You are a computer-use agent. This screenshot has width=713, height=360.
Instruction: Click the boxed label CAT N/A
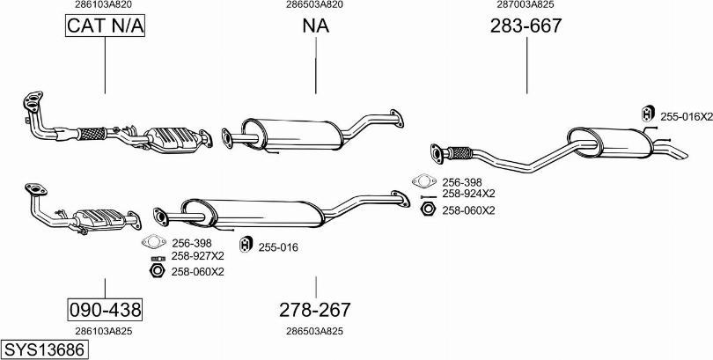(105, 26)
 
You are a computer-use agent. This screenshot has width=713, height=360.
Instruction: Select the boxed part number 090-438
(105, 310)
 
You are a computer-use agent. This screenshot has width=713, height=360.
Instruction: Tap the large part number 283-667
(526, 26)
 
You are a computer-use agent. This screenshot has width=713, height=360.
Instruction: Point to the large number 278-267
(314, 310)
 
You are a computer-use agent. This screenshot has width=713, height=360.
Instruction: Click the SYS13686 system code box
(44, 350)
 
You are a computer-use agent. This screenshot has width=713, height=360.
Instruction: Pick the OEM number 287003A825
(526, 4)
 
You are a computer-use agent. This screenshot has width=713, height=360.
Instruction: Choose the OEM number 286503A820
(314, 4)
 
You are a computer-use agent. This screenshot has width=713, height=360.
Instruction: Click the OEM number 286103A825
(104, 331)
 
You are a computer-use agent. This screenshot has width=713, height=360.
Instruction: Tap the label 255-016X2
(687, 117)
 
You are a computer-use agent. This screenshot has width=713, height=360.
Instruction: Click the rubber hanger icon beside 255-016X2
(648, 114)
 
